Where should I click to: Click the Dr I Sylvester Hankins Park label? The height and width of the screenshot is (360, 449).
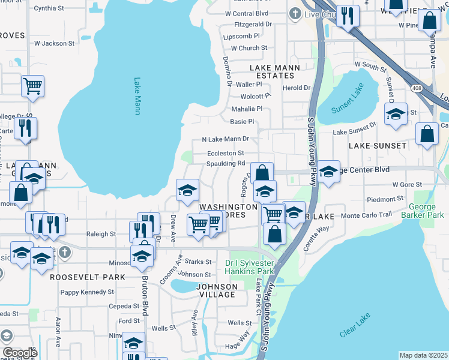click(x=249, y=267)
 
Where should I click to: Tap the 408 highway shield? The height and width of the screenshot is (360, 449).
click(x=415, y=88)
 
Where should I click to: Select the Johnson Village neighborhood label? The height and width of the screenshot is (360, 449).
click(x=216, y=290)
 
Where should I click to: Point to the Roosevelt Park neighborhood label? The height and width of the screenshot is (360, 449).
click(x=88, y=277)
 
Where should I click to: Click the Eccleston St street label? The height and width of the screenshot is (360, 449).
click(x=226, y=154)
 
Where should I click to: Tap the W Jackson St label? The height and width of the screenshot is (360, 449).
click(x=54, y=43)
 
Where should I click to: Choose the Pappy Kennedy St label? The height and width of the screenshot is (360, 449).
click(x=88, y=292)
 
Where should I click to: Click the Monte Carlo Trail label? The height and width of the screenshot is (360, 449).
click(x=366, y=215)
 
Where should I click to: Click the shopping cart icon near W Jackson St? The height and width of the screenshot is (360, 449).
click(x=32, y=85)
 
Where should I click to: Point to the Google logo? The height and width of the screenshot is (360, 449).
click(x=20, y=353)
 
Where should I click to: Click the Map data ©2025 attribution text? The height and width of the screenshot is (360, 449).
click(x=423, y=355)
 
